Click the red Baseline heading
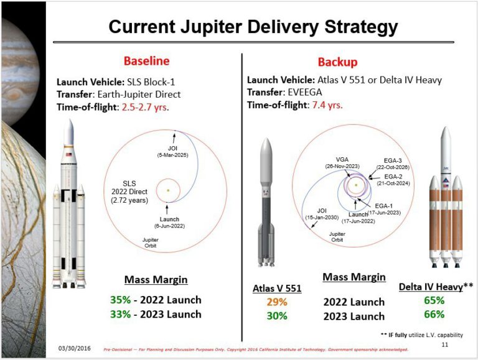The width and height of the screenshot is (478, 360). pyautogui.click(x=146, y=62)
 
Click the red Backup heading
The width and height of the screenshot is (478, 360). pyautogui.click(x=337, y=62)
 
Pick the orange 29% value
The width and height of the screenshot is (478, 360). pyautogui.click(x=277, y=302)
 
